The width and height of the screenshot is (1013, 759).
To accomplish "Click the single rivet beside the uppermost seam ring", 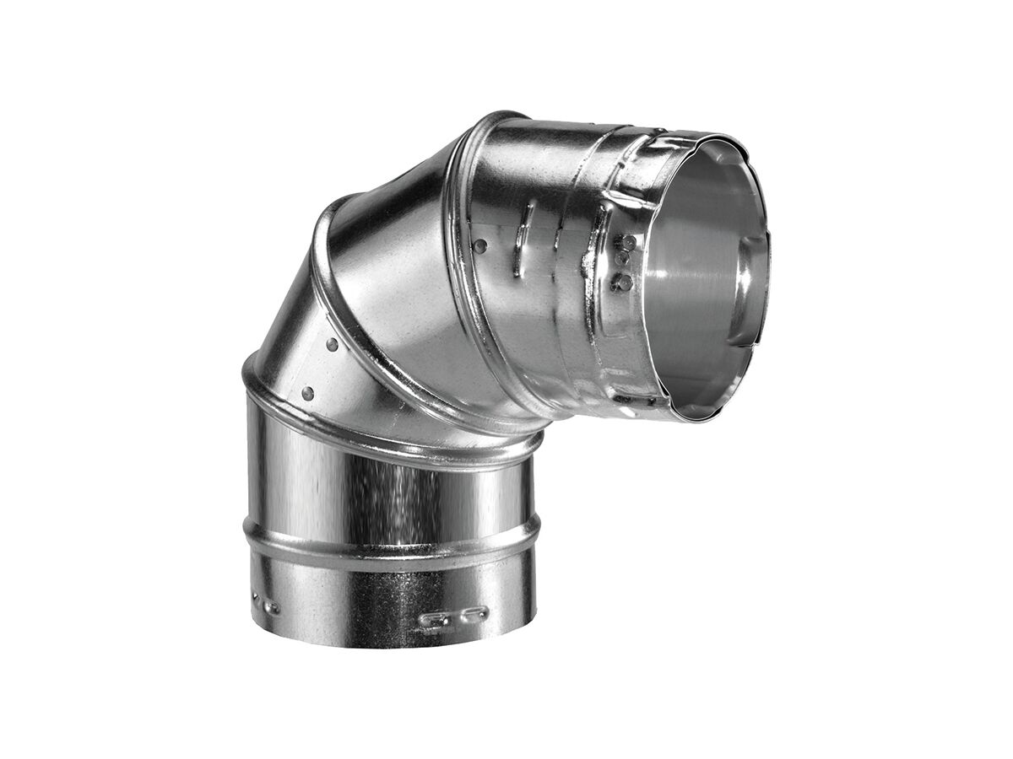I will click(480, 246).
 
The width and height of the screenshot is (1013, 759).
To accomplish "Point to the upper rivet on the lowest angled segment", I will click(332, 345).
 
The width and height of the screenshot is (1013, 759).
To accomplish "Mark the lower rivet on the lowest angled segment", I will click(307, 393).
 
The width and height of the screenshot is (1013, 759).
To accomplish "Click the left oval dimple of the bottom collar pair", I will click(434, 622).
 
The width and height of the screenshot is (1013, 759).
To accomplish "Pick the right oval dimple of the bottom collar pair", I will click(474, 613).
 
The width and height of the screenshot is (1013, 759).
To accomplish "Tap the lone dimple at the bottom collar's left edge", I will click(270, 606).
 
